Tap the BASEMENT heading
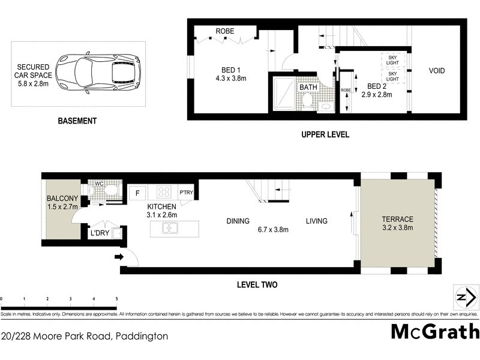tap(77, 121)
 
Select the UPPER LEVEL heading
tap(325, 135)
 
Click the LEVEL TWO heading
tap(256, 285)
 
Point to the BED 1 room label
tap(227, 69)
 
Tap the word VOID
tap(436, 71)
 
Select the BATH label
tap(308, 88)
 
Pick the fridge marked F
tap(137, 193)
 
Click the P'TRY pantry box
tap(185, 193)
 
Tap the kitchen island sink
tap(170, 229)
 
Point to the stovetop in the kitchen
tap(164, 193)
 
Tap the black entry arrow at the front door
tap(119, 257)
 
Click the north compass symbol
tap(466, 297)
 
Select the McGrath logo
tap(435, 331)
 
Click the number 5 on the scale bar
tap(116, 298)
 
